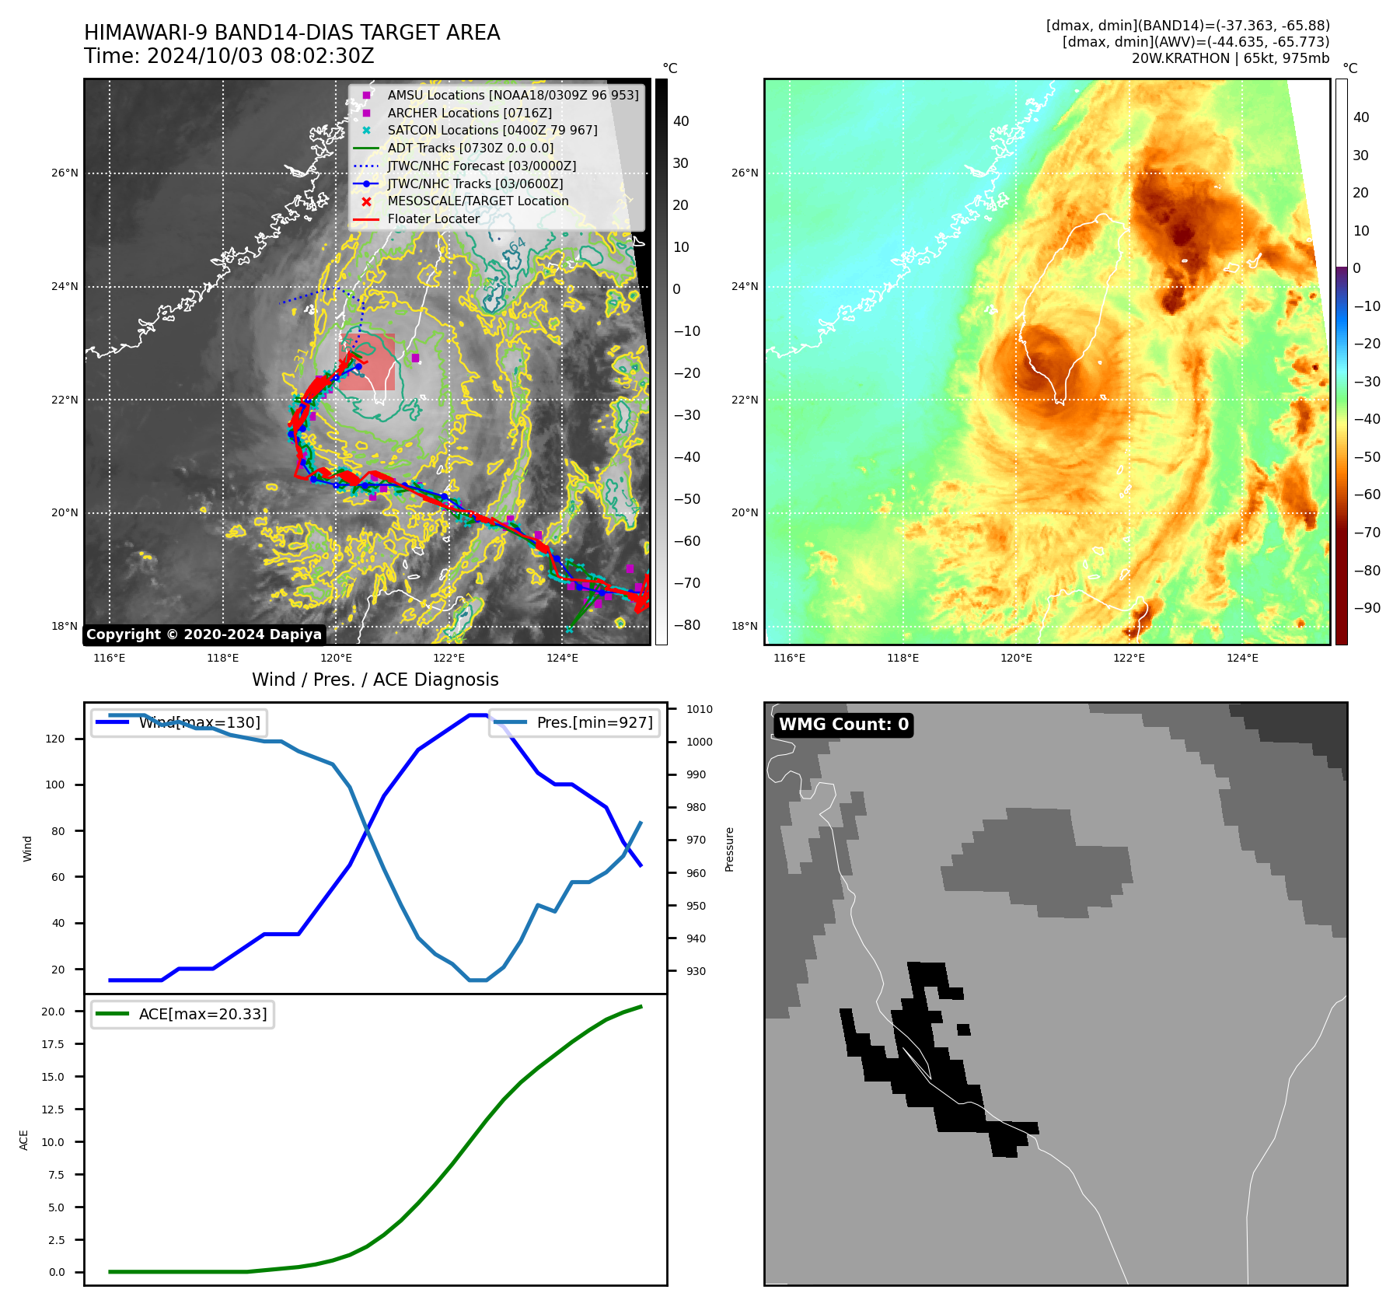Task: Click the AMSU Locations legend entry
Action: point(512,95)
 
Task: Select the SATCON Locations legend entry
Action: point(492,130)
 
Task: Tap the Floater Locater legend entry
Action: point(433,218)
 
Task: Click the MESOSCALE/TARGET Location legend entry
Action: point(477,201)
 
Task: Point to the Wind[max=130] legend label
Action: point(200,722)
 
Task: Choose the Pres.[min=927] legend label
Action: point(595,722)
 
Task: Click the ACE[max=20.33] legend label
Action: point(203,1014)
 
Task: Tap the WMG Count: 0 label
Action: point(843,725)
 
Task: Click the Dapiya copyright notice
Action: point(204,634)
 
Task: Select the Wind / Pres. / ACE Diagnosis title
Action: point(375,680)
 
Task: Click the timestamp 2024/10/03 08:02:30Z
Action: point(260,57)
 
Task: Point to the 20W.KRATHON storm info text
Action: point(1230,58)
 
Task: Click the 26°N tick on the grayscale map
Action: point(65,173)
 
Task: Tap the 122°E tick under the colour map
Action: point(1129,658)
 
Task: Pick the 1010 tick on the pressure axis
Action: point(699,709)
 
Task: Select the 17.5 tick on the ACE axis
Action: point(54,1044)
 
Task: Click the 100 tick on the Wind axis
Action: point(55,785)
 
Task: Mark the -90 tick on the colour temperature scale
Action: point(1367,608)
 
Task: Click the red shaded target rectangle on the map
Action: point(367,362)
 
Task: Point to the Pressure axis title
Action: point(729,849)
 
